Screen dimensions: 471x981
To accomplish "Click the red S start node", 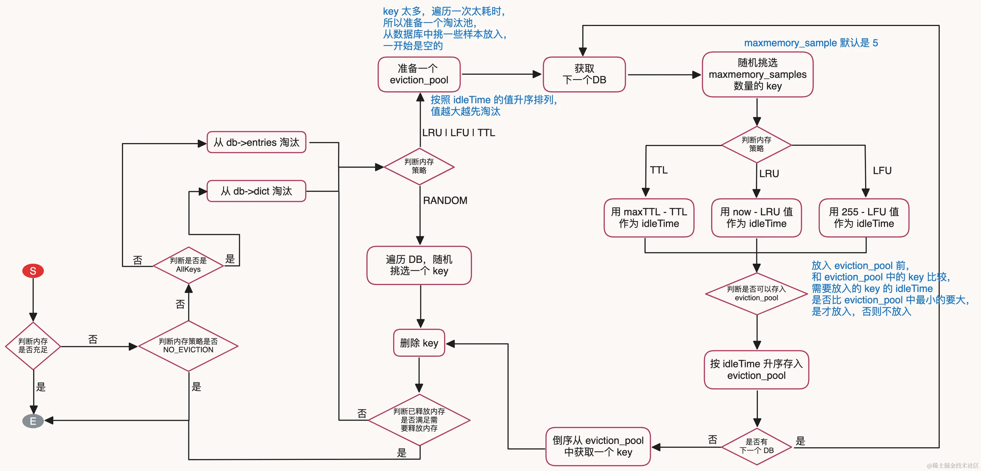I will pos(33,271).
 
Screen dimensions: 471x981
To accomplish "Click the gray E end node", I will pos(33,421).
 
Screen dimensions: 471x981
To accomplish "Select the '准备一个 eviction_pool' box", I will pos(419,74).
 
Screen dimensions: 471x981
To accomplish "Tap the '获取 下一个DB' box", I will pos(584,74).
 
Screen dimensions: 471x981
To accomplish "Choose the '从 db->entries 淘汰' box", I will pos(256,142).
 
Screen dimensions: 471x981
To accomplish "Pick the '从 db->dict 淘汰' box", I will pos(256,191).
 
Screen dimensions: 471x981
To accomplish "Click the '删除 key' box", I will pos(419,343).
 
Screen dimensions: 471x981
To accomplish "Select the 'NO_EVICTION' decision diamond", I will pos(188,346).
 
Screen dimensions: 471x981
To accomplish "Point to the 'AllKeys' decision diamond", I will pos(188,265).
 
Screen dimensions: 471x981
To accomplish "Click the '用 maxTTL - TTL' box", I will pos(649,217).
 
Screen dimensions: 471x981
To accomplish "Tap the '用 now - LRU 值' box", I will pos(756,217).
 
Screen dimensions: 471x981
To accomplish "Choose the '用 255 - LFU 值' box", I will pos(864,217).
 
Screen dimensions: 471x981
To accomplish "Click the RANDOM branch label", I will pos(445,200).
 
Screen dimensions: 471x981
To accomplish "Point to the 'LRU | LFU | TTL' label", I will pos(458,133).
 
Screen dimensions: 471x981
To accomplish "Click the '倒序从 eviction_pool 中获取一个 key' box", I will pos(598,446).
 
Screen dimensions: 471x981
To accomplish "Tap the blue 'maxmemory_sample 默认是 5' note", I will pos(811,43).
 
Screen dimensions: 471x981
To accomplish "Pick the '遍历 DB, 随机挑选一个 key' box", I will pos(419,265).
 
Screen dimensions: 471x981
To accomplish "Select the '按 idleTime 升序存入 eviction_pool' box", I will pos(756,370).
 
